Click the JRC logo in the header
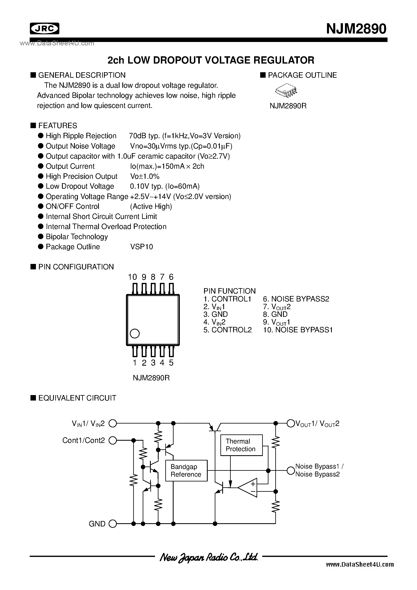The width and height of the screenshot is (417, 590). [44, 28]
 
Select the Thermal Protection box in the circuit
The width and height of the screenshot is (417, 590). [241, 445]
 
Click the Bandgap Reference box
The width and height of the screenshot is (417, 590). [186, 471]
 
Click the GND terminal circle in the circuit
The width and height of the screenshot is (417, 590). [113, 524]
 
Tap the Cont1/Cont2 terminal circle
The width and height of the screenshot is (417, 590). [113, 441]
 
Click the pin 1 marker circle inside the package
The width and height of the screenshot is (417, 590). [135, 334]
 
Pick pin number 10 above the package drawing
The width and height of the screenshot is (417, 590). [132, 277]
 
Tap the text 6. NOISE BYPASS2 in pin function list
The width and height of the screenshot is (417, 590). [296, 299]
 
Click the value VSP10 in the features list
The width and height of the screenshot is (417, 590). [141, 247]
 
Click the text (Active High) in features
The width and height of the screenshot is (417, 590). [151, 207]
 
